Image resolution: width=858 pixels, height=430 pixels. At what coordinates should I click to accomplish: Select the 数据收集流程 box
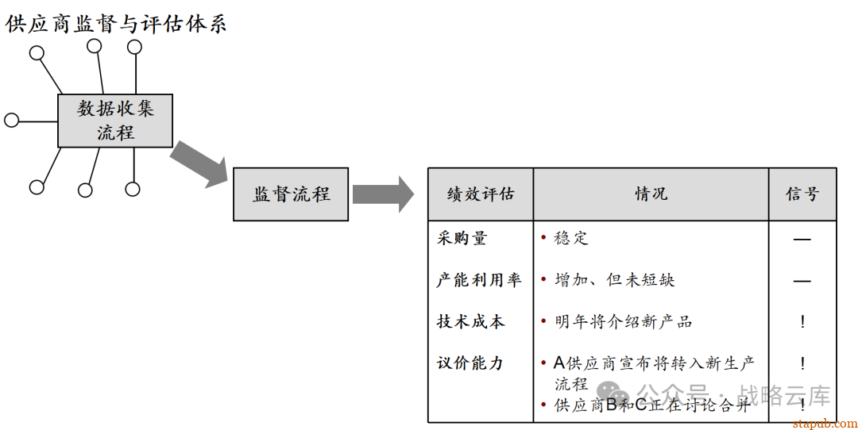[x=115, y=121]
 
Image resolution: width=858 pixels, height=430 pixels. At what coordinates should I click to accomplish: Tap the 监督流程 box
[x=291, y=194]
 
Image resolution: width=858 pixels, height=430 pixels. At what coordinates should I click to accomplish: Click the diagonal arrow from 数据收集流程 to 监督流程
[x=199, y=163]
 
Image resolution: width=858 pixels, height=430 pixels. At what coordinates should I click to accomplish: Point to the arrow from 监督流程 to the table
[x=382, y=194]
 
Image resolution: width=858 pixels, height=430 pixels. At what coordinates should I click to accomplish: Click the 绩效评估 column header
[x=481, y=194]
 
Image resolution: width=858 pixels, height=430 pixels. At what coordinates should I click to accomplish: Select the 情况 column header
[x=651, y=194]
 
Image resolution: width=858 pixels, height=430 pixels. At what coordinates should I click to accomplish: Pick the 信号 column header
[x=802, y=194]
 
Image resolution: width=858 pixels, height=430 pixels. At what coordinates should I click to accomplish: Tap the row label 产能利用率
[x=479, y=280]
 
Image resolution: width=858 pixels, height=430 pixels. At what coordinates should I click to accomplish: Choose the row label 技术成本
[x=470, y=321]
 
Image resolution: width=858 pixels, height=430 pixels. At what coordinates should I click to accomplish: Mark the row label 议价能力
[x=470, y=363]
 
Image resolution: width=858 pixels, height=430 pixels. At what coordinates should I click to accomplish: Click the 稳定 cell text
[x=571, y=238]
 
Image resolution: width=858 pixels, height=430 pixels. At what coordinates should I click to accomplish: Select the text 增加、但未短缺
[x=615, y=280]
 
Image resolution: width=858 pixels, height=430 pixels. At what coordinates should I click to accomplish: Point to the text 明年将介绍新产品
[x=624, y=321]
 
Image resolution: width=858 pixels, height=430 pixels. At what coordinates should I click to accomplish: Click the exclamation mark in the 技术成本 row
[x=802, y=321]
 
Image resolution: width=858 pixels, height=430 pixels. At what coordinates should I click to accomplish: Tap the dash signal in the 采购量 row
[x=802, y=239]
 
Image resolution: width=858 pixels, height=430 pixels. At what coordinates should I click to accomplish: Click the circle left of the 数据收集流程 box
[x=11, y=121]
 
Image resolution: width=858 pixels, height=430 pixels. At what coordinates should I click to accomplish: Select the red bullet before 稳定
[x=543, y=238]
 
